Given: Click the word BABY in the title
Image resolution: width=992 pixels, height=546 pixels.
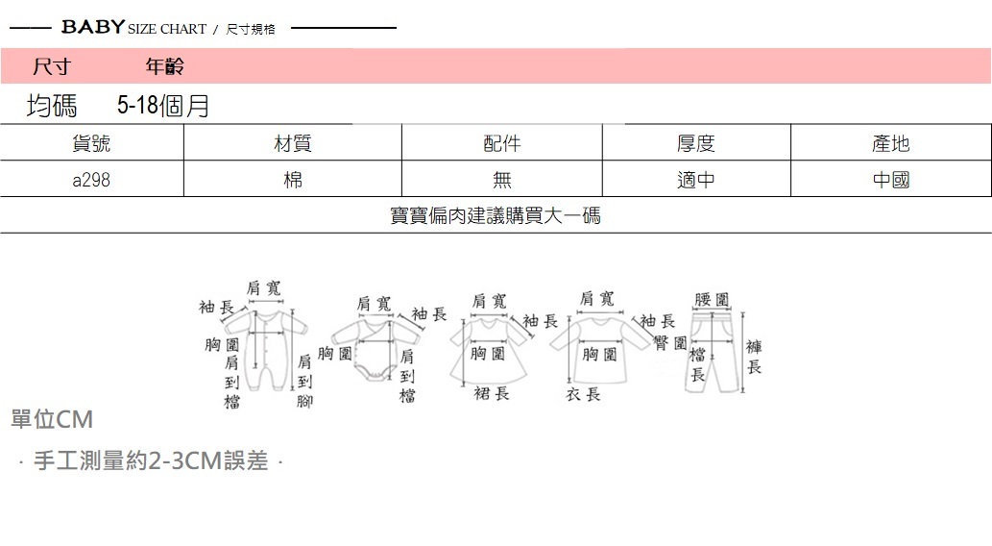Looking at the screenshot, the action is tap(92, 27).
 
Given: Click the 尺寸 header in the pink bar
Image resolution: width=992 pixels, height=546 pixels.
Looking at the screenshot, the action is tap(51, 66).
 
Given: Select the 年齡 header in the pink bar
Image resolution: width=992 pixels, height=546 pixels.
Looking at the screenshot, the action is tap(164, 66).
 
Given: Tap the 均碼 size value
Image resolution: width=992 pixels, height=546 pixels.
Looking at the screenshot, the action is tap(52, 106).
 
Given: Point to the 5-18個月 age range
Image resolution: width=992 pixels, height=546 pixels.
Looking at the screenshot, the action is tap(163, 106).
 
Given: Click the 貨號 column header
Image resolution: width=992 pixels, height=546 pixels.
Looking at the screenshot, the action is tap(91, 143).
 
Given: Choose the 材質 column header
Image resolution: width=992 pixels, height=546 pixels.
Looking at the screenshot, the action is tap(293, 143).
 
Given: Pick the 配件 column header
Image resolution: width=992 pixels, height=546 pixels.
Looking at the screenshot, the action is tap(501, 143).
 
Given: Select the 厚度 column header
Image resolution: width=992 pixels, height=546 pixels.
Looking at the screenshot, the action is tap(696, 143).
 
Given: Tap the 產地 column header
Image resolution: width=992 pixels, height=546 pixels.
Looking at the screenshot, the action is tap(890, 143).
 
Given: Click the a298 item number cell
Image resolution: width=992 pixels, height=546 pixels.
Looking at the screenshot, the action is tap(91, 180).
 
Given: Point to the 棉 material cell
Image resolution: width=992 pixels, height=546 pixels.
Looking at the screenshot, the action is tap(293, 180).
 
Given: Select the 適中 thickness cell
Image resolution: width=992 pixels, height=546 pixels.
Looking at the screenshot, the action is tap(696, 180).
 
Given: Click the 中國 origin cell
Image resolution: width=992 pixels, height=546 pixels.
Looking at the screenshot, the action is tap(890, 180).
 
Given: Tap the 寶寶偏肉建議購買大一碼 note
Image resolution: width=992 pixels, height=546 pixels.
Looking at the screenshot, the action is tap(496, 215).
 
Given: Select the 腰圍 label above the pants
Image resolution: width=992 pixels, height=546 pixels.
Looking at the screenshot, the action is tap(711, 300).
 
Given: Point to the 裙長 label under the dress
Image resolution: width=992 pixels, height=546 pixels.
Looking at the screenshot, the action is tap(491, 393).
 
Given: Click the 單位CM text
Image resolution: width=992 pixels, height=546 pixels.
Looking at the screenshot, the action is tap(52, 420).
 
